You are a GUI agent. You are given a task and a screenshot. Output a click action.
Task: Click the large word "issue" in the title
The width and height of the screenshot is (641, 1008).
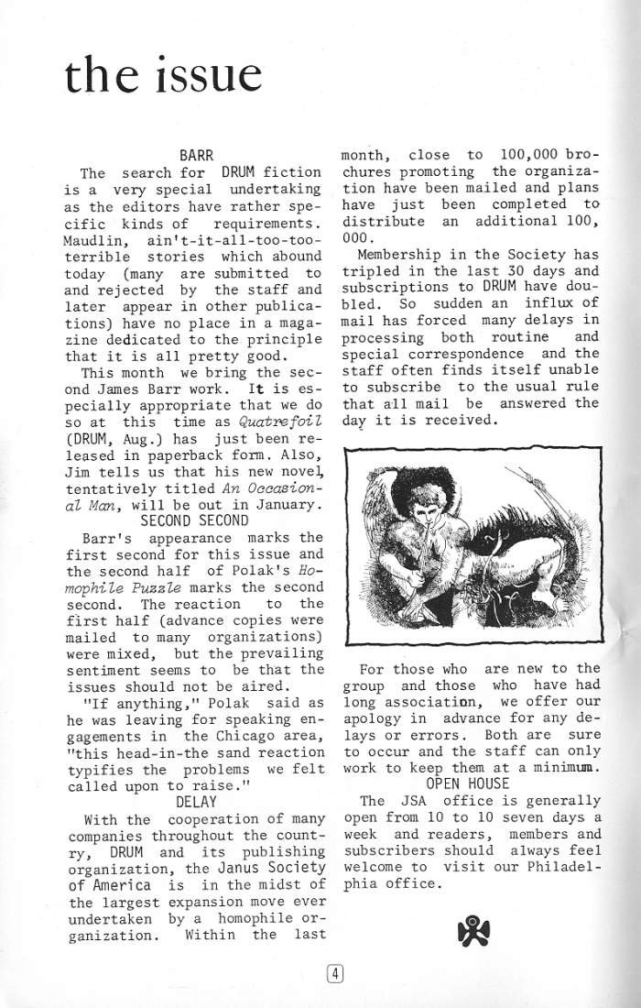pyautogui.click(x=202, y=74)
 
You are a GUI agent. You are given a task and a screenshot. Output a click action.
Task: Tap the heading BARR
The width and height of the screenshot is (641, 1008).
pyautogui.click(x=197, y=156)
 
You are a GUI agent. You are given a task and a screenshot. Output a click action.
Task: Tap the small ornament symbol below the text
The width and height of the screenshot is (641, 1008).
pyautogui.click(x=473, y=932)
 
